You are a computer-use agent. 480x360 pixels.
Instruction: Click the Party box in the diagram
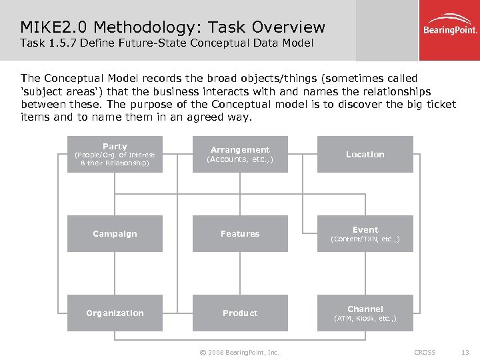click(x=115, y=155)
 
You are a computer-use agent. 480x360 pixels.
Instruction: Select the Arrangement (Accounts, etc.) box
click(x=240, y=155)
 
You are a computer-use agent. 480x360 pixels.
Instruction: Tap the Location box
click(x=365, y=155)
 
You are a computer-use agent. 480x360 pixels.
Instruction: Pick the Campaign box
click(x=115, y=234)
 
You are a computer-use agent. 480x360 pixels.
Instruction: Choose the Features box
click(x=240, y=234)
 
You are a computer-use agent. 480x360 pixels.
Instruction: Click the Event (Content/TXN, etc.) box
click(x=365, y=234)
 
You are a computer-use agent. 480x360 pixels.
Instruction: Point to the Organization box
click(x=115, y=313)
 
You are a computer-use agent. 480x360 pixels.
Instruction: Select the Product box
click(x=240, y=313)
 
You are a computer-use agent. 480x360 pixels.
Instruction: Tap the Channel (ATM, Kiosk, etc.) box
click(x=365, y=313)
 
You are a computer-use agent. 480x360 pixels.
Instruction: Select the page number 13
click(x=465, y=352)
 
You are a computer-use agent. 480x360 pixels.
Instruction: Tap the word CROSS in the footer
click(x=425, y=352)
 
